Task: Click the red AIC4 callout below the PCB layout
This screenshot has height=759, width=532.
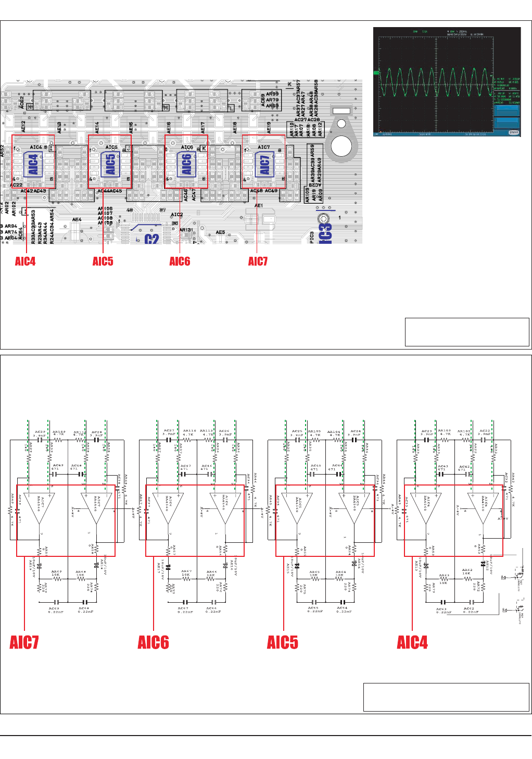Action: coord(25,262)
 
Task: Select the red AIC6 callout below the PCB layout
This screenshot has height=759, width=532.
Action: coord(180,262)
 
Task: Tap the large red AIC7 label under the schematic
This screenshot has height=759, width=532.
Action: coord(24,642)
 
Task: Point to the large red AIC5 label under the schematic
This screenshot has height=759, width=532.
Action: coord(283,642)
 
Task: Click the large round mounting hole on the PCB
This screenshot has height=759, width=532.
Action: coord(341,145)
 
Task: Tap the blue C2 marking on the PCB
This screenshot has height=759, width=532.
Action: coord(151,239)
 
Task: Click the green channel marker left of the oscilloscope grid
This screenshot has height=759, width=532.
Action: coord(376,73)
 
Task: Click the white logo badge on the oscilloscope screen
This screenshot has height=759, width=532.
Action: coord(513,132)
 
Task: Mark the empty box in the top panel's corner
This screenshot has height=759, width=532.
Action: coord(467,332)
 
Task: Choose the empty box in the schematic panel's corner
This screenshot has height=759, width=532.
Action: coord(446,697)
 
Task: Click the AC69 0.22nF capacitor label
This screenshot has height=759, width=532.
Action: coord(54,610)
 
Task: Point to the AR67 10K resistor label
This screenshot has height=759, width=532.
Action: coord(186,573)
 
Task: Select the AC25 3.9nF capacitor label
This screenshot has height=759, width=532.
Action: coord(297,433)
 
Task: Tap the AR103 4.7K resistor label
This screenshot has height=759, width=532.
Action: coord(444,432)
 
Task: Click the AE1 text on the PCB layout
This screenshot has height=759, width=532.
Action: coord(258,206)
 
